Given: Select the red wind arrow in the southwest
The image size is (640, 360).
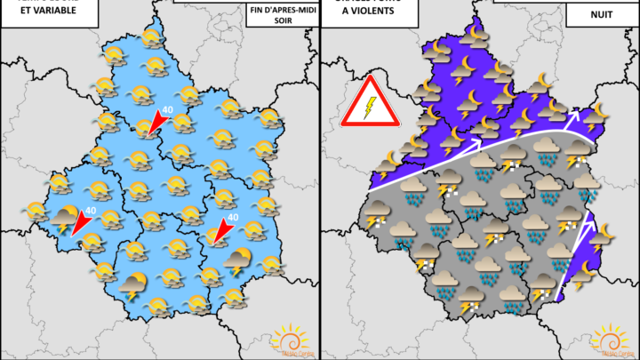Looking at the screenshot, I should point(81,223).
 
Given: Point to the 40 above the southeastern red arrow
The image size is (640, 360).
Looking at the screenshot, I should point(233,216).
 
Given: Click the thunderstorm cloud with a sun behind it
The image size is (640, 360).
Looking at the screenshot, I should point(237,261).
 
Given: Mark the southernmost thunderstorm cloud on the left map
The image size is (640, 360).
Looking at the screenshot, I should point(133,286).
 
